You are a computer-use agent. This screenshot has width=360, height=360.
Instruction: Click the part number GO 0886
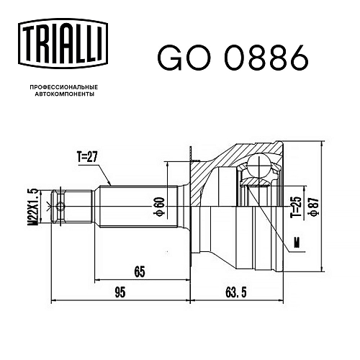[233, 58]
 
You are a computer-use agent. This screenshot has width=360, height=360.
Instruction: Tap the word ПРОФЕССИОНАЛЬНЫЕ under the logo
[64, 86]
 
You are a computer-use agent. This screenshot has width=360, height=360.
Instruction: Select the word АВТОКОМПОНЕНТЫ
[64, 94]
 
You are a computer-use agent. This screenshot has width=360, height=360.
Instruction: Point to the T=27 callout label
[87, 158]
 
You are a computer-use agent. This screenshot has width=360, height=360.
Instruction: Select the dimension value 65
[140, 272]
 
